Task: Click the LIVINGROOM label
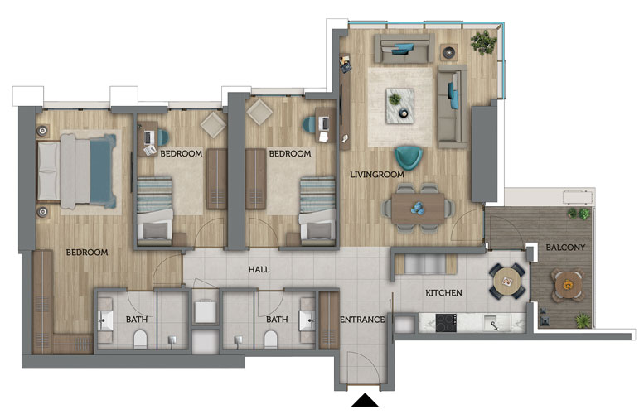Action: point(377,175)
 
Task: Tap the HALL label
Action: point(259,270)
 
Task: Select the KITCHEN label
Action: point(443,292)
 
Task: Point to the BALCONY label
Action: point(565,247)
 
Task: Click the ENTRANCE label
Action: point(362,320)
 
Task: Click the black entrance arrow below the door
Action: point(365,400)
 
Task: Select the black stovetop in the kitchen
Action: point(446,323)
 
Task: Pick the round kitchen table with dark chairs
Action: point(507,282)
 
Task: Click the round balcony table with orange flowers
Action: point(567,285)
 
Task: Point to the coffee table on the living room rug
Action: point(399,105)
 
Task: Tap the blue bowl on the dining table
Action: point(419,208)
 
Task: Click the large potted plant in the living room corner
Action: point(483,42)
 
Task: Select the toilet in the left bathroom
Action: point(140,340)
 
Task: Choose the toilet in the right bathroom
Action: point(271,340)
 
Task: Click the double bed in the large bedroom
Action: point(77,171)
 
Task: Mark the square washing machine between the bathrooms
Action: point(206,312)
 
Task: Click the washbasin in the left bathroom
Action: point(105,320)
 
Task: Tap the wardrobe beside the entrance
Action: point(329,320)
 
